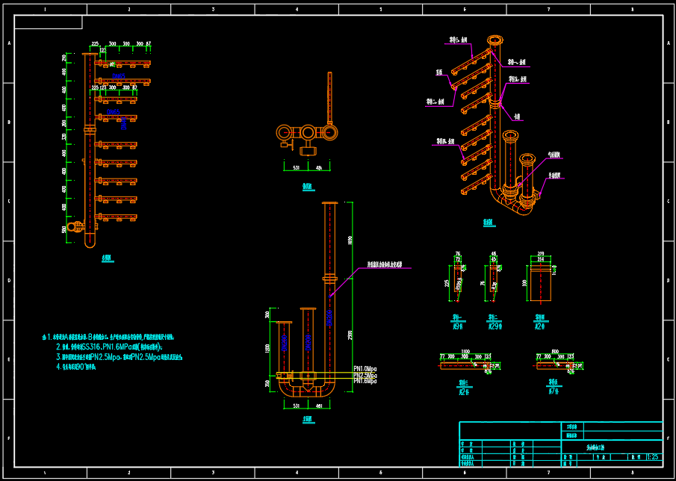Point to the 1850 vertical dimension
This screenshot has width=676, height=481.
point(350,240)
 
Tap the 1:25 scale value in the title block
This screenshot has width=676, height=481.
point(652,456)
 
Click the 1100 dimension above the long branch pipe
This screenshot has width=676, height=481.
point(465,351)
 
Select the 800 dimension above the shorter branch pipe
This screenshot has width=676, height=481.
point(555,351)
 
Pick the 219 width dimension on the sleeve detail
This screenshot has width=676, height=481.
point(540,255)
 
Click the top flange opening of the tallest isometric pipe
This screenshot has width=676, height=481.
point(494,40)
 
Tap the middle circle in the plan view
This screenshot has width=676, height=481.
point(308,132)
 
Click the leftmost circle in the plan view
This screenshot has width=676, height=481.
point(284,132)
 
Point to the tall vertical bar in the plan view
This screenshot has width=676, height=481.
point(329,97)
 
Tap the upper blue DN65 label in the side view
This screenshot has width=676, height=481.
point(118,76)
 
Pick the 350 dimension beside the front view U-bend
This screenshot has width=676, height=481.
point(267,384)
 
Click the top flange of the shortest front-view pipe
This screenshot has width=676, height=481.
point(284,322)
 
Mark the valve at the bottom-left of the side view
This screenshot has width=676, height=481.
point(74,226)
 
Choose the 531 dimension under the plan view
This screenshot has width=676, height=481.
point(296,167)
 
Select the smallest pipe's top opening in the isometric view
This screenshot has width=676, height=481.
point(527,159)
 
